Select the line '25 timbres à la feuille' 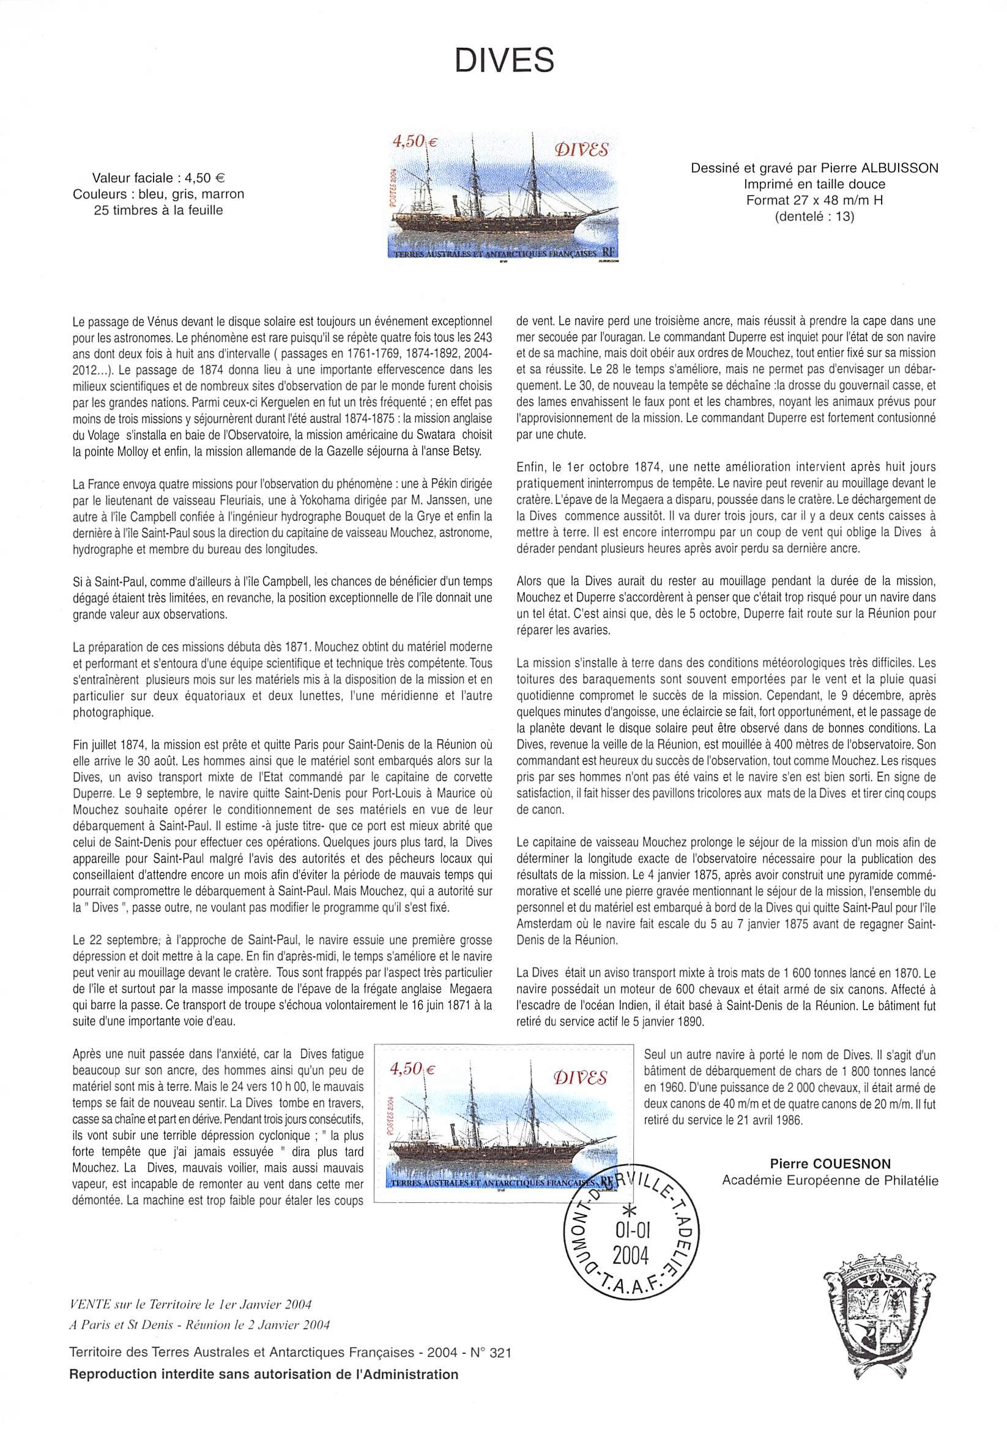pos(158,210)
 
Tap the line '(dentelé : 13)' pos(814,218)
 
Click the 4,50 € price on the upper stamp pos(412,142)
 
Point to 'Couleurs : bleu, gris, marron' pos(158,194)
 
